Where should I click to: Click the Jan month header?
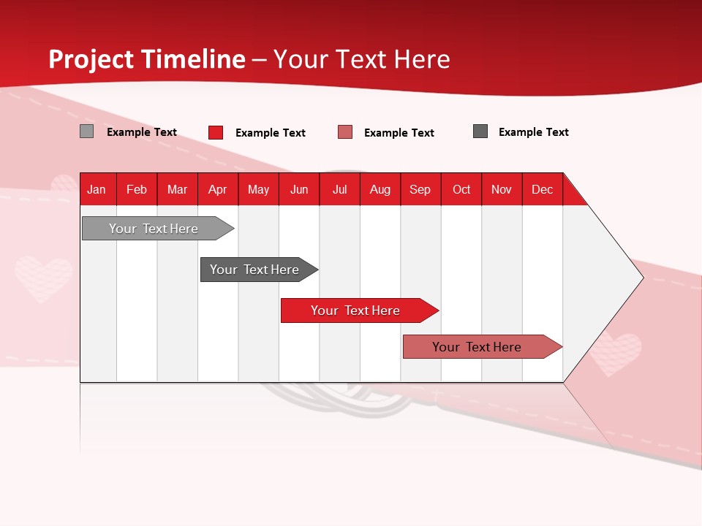click(97, 189)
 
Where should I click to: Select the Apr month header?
click(218, 189)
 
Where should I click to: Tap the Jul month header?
click(339, 189)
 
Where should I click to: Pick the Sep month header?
click(420, 189)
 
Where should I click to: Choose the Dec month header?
click(542, 189)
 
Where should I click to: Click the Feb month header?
click(137, 189)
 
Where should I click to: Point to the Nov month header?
click(502, 189)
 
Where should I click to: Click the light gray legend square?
click(87, 131)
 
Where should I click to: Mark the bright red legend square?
click(216, 132)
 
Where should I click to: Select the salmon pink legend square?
click(345, 132)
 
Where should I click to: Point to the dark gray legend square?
click(480, 131)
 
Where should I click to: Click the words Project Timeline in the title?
click(147, 59)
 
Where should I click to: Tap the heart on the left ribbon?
click(43, 278)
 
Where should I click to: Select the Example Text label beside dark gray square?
click(533, 132)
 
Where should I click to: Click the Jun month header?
click(299, 189)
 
